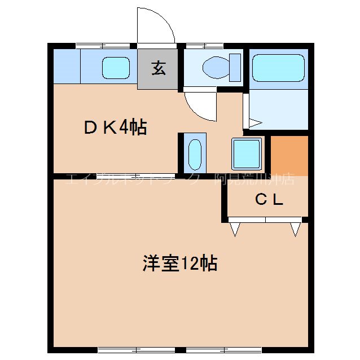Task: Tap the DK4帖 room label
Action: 115,128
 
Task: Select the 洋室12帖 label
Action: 179,263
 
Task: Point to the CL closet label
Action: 269,200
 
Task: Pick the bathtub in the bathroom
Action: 278,68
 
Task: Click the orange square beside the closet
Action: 289,155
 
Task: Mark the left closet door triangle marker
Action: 235,228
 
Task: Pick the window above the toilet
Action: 197,45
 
